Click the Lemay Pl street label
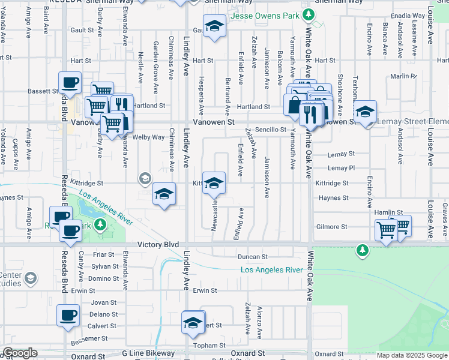coord(342,168)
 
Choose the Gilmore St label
coord(332,227)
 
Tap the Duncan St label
coord(252,257)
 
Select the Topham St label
coord(209,345)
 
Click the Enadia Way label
coord(408,16)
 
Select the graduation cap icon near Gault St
coord(214,26)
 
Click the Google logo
coord(20,353)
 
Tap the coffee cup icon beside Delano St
coord(68,314)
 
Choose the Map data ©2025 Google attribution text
coord(412,355)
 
